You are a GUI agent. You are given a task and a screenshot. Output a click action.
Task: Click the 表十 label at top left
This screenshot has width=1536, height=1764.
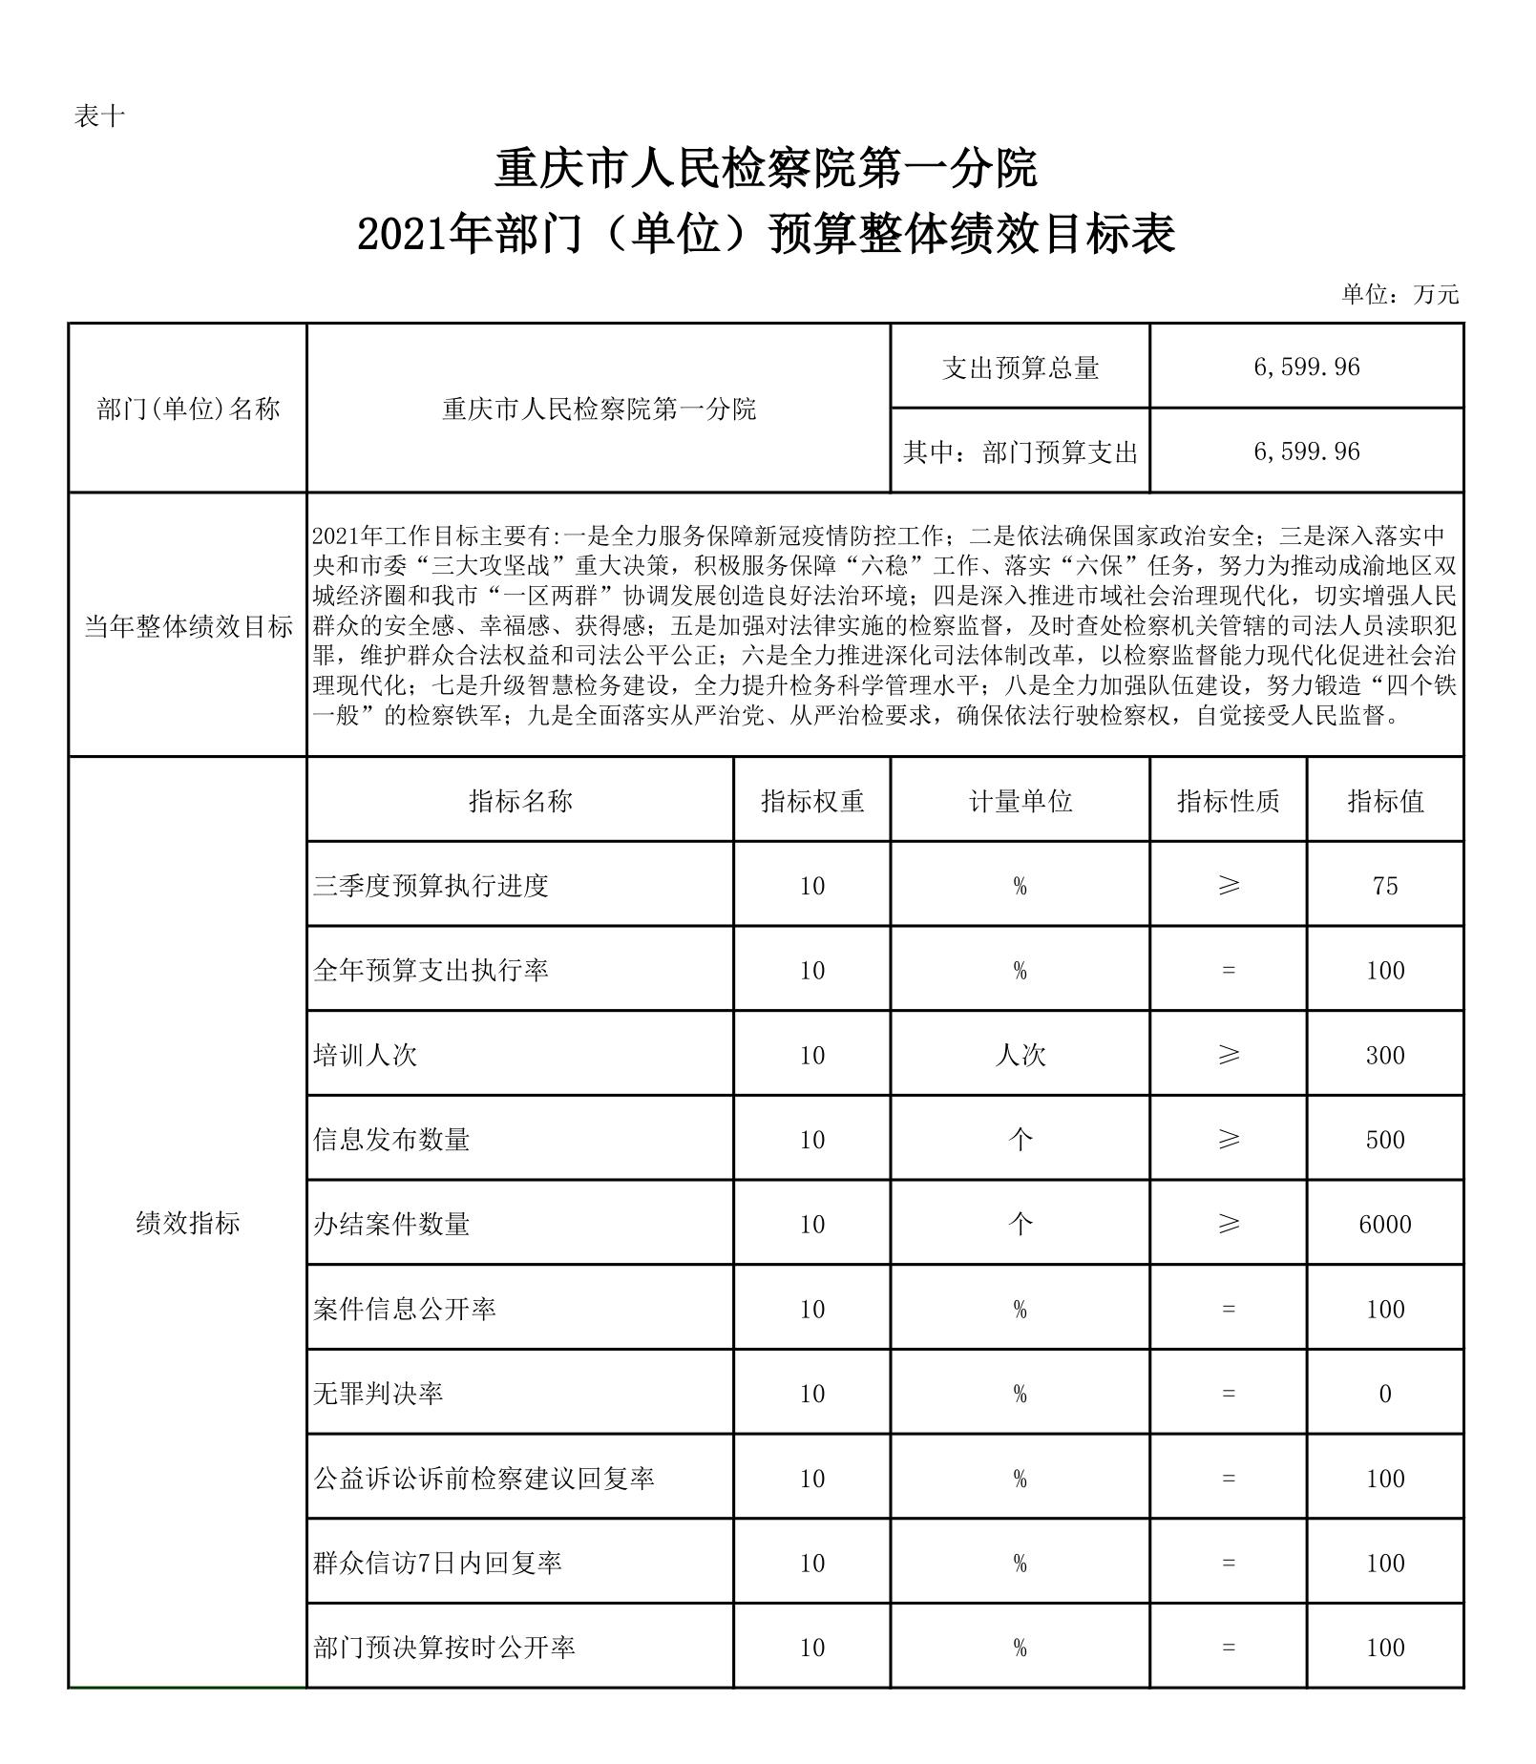pyautogui.click(x=99, y=116)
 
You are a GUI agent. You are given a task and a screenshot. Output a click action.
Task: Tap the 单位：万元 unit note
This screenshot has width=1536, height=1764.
pyautogui.click(x=1400, y=294)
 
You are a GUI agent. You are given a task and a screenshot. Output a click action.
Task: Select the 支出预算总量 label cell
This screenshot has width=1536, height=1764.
pyautogui.click(x=1020, y=367)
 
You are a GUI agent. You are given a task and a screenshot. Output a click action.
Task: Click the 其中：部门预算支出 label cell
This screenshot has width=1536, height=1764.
pyautogui.click(x=1020, y=451)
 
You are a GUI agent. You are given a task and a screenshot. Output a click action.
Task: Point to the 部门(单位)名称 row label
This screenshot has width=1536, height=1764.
pyautogui.click(x=188, y=409)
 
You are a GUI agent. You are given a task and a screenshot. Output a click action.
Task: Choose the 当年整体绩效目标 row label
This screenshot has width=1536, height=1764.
pyautogui.click(x=188, y=626)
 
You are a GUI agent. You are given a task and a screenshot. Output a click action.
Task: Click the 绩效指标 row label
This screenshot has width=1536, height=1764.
pyautogui.click(x=188, y=1223)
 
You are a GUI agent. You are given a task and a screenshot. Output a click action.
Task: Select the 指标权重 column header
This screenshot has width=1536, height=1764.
pyautogui.click(x=811, y=801)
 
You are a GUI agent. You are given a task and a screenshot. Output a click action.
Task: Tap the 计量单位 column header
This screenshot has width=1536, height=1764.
pyautogui.click(x=1020, y=801)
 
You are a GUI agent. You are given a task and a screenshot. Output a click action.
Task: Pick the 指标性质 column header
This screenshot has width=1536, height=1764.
pyautogui.click(x=1228, y=801)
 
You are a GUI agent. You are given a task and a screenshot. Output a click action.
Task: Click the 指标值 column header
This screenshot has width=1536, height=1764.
pyautogui.click(x=1384, y=801)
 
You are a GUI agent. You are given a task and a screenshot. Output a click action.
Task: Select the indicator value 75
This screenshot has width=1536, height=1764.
pyautogui.click(x=1384, y=886)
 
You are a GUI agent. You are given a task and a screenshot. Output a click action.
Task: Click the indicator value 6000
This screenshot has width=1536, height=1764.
pyautogui.click(x=1384, y=1224)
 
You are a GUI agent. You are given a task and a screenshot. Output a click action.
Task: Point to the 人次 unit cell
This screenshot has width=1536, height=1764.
pyautogui.click(x=1020, y=1055)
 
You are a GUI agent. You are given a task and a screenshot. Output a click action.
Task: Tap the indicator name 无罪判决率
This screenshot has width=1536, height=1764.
pyautogui.click(x=378, y=1394)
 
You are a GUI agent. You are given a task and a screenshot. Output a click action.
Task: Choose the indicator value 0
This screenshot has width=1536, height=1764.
pyautogui.click(x=1384, y=1394)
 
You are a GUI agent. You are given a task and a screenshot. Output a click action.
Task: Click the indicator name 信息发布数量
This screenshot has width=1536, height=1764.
pyautogui.click(x=391, y=1140)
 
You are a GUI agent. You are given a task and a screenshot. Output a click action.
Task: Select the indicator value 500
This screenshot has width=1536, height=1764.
pyautogui.click(x=1384, y=1140)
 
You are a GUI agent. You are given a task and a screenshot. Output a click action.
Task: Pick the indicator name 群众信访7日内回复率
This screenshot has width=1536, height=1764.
pyautogui.click(x=437, y=1563)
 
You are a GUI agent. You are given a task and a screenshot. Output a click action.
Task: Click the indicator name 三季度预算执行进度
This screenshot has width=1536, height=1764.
pyautogui.click(x=431, y=886)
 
